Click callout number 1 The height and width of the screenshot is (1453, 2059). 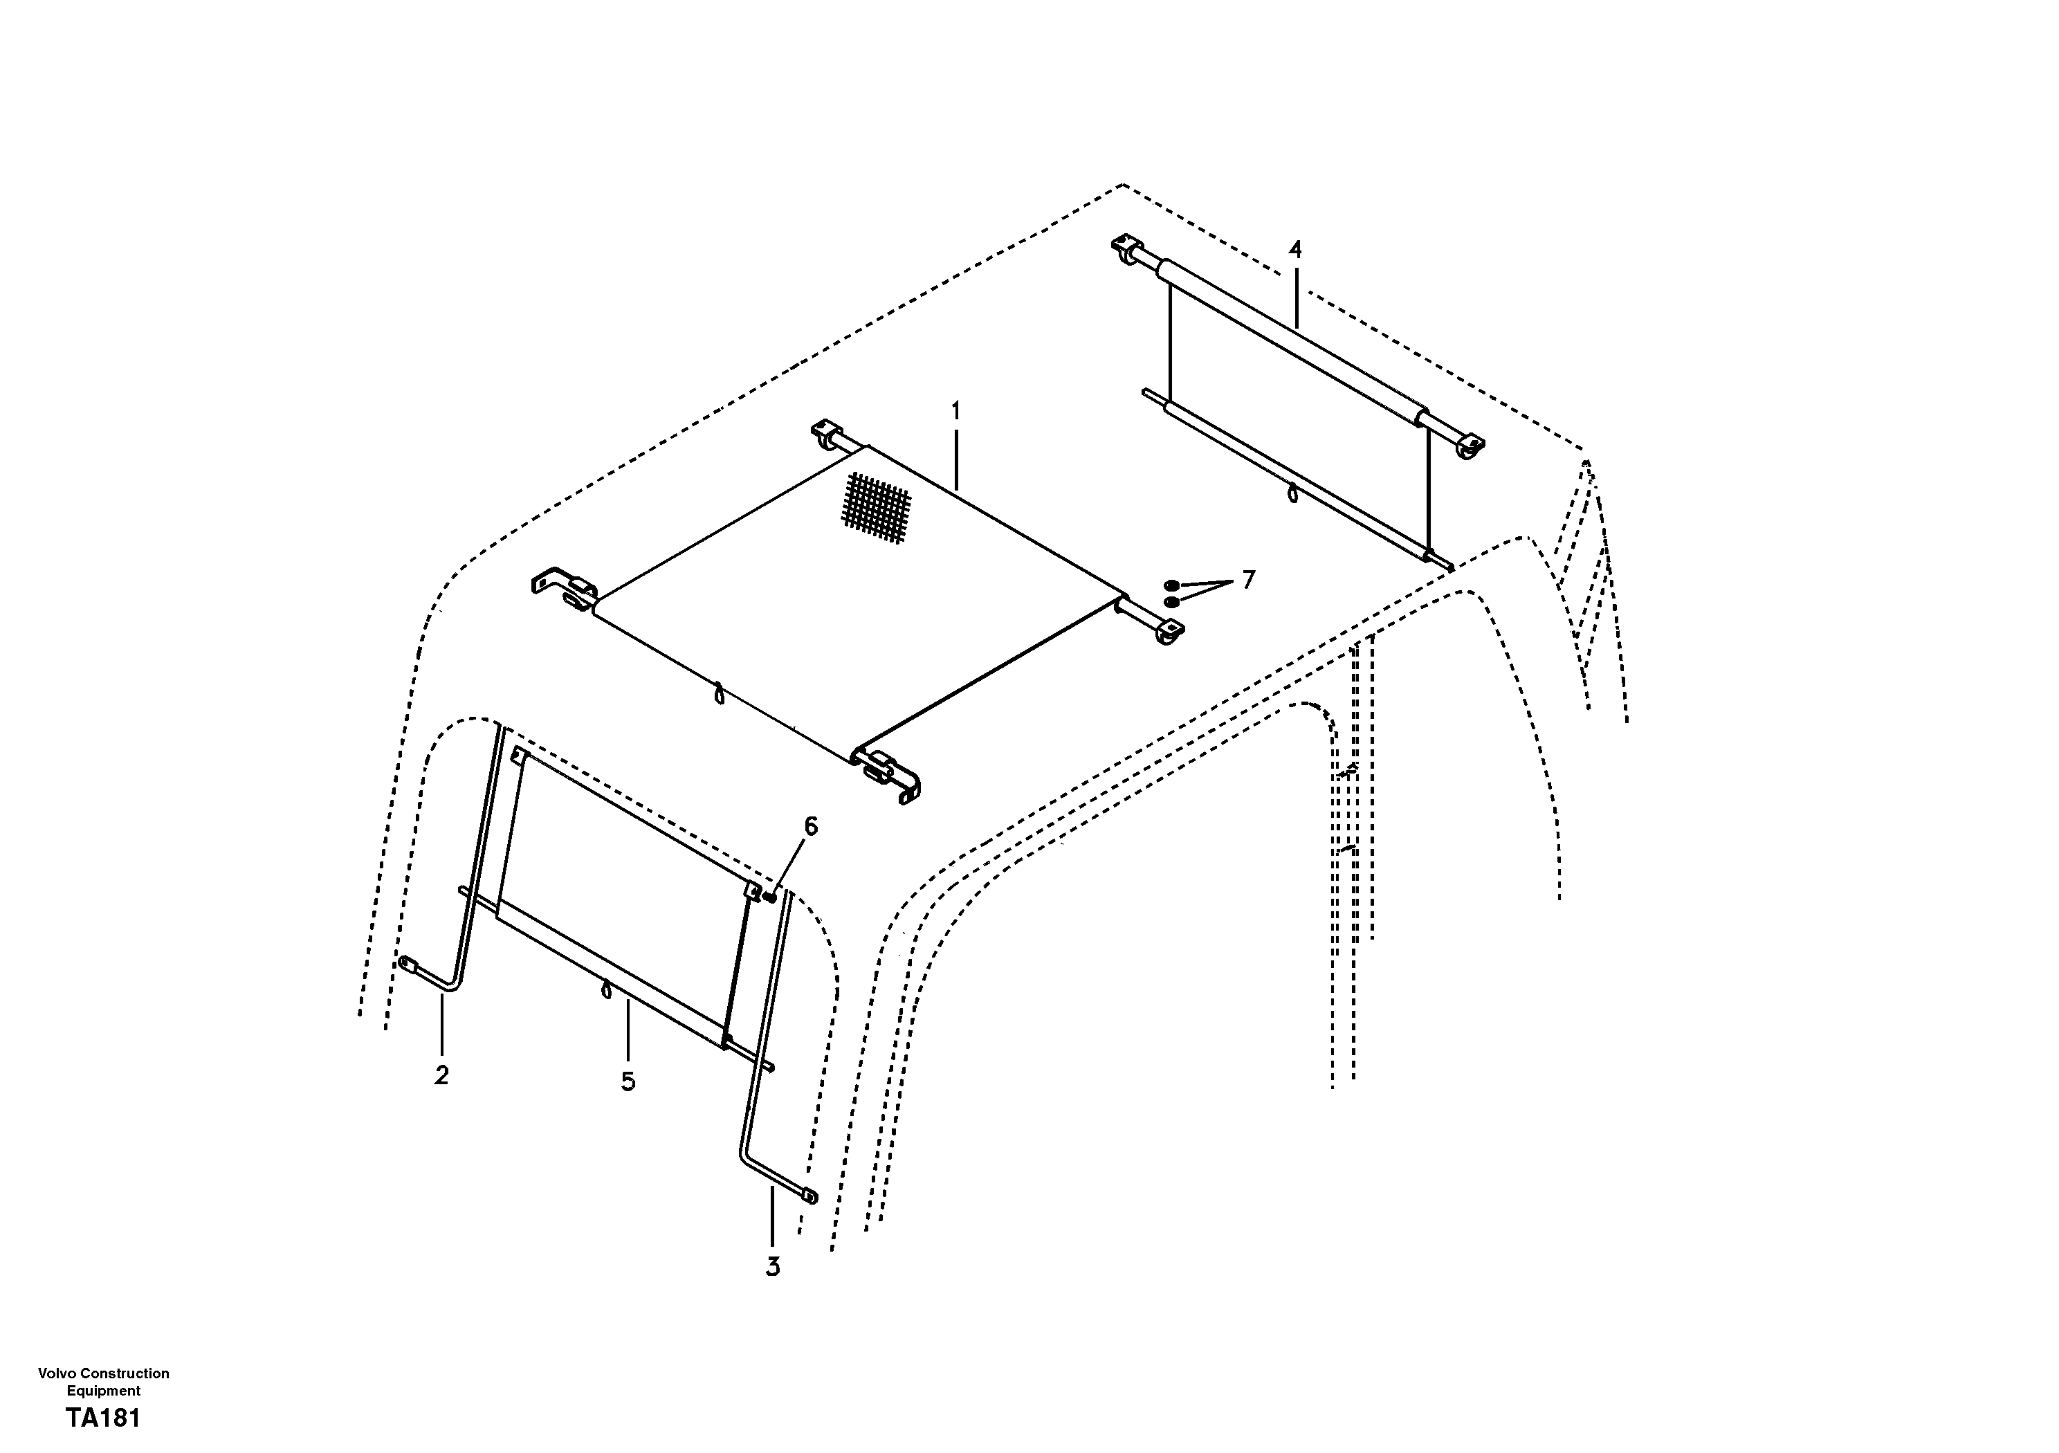(x=956, y=412)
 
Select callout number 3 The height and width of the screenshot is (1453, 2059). (x=772, y=1266)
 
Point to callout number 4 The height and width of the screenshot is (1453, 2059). (x=1295, y=250)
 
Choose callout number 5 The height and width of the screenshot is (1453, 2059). (x=628, y=1081)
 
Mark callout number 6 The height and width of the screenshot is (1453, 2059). (x=811, y=827)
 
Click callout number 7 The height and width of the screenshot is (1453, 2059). (x=1247, y=581)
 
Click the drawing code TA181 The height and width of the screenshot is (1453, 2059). (x=103, y=1420)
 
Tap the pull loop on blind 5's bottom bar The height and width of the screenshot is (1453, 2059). (x=606, y=989)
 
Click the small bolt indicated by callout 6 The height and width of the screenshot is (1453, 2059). (x=769, y=896)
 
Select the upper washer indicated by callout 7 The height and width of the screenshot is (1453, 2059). (x=1171, y=585)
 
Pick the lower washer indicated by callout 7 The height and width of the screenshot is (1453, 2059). (x=1171, y=601)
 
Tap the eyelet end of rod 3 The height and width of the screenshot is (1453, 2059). (x=809, y=1196)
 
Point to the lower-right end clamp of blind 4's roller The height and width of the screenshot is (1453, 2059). (x=1471, y=446)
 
